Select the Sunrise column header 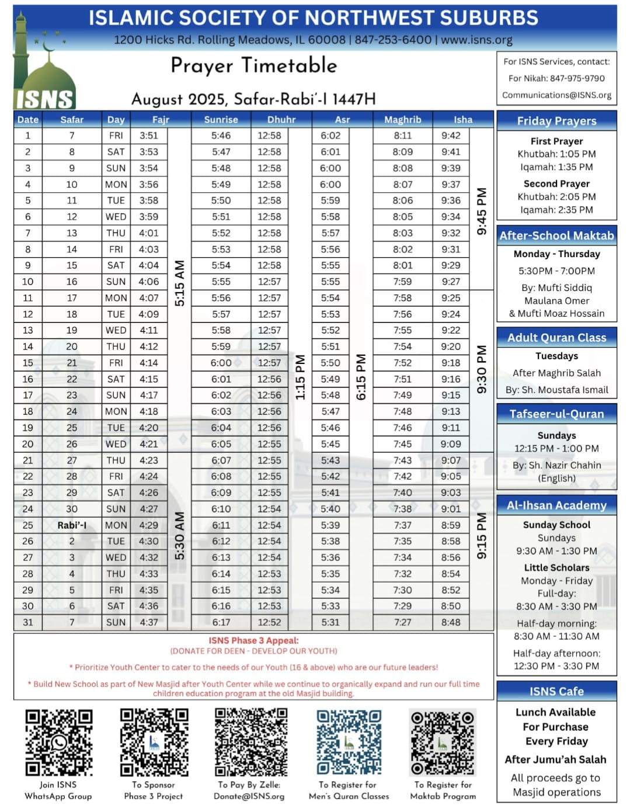[221, 119]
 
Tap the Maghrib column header [402, 119]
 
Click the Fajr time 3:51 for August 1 [149, 136]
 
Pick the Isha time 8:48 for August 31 [451, 622]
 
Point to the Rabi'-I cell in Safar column [72, 525]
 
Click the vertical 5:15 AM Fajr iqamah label [180, 283]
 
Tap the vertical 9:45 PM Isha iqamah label [482, 211]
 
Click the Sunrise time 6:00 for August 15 [221, 363]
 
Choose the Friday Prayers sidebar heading [556, 121]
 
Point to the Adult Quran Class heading [556, 338]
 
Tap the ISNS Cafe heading [556, 691]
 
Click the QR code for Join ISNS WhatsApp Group [58, 742]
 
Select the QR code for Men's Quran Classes [349, 742]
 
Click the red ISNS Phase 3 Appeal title [253, 640]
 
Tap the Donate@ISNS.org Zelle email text [249, 796]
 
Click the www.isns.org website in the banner [476, 40]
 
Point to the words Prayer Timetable [253, 65]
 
